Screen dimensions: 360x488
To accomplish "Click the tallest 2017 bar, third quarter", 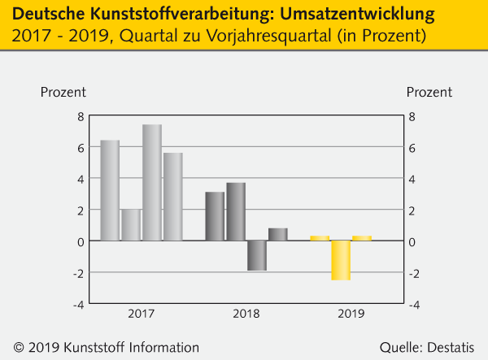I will pyautogui.click(x=151, y=183).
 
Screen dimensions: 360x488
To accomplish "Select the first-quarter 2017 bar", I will pyautogui.click(x=110, y=191).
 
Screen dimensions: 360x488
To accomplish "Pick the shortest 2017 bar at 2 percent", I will pyautogui.click(x=131, y=225).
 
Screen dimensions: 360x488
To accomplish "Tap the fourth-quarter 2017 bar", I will pyautogui.click(x=172, y=197).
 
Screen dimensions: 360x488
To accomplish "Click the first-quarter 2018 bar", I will pyautogui.click(x=215, y=216).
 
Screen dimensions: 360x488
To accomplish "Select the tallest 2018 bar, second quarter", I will pyautogui.click(x=236, y=212).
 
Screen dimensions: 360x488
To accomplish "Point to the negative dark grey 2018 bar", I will pyautogui.click(x=257, y=255).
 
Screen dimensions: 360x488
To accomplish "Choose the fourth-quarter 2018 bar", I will pyautogui.click(x=277, y=235).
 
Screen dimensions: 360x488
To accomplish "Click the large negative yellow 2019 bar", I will pyautogui.click(x=341, y=260).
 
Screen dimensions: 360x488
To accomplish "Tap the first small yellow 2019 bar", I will pyautogui.click(x=320, y=238).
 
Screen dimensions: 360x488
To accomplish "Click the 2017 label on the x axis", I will pyautogui.click(x=141, y=313).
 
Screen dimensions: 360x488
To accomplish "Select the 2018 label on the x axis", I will pyautogui.click(x=246, y=313).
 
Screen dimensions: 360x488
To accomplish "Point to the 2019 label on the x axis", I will pyautogui.click(x=351, y=313).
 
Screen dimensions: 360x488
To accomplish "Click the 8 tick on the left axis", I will pyautogui.click(x=81, y=116).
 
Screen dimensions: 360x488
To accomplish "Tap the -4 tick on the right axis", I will pyautogui.click(x=413, y=305).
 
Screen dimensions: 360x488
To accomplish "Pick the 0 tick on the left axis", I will pyautogui.click(x=81, y=242).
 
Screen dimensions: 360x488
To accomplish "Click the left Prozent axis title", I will pyautogui.click(x=63, y=92).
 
